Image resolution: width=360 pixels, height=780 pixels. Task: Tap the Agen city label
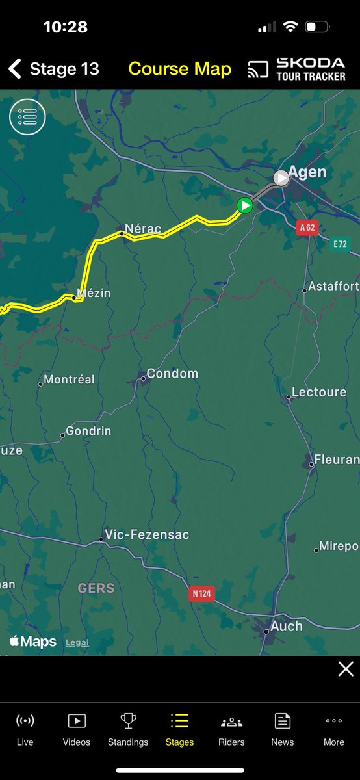[x=307, y=172]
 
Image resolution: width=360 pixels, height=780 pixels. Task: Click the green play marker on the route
[x=244, y=206]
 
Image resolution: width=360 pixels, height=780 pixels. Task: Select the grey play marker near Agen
[x=281, y=178]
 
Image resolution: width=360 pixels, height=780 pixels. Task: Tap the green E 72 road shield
[x=340, y=244]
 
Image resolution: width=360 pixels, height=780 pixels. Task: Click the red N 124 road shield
[x=203, y=593]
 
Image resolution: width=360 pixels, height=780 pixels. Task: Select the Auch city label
[x=286, y=626]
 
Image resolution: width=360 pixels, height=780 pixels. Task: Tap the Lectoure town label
[x=318, y=392]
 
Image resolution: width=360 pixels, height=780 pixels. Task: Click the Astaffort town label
[x=333, y=286]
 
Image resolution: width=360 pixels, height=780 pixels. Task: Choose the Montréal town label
[x=69, y=380]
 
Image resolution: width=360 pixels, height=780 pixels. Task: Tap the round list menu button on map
[x=27, y=117]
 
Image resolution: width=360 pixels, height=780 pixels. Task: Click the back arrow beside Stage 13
[x=15, y=69]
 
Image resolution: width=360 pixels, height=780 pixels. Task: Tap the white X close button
[x=346, y=669]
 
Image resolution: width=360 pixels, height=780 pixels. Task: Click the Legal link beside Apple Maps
[x=77, y=643]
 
